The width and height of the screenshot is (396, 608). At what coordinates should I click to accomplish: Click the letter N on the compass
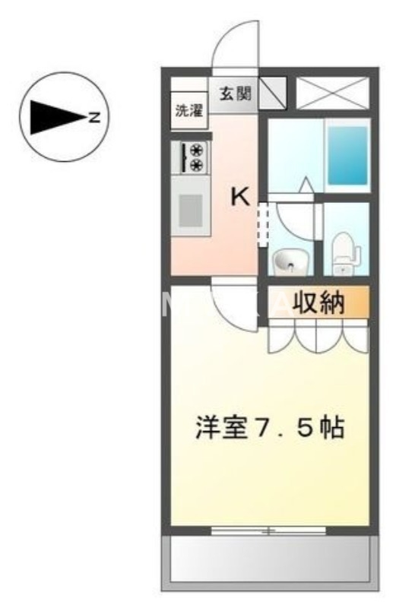pos(94,117)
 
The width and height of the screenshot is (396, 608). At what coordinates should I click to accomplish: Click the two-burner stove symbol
pos(190,157)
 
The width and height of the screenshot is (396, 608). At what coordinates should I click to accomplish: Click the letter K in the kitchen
pos(239,197)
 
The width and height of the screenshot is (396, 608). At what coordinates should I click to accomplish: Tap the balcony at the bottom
pos(269,559)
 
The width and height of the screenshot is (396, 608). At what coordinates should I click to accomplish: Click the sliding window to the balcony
pos(268,530)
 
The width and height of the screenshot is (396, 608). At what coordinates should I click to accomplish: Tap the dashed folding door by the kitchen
pos(263,223)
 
